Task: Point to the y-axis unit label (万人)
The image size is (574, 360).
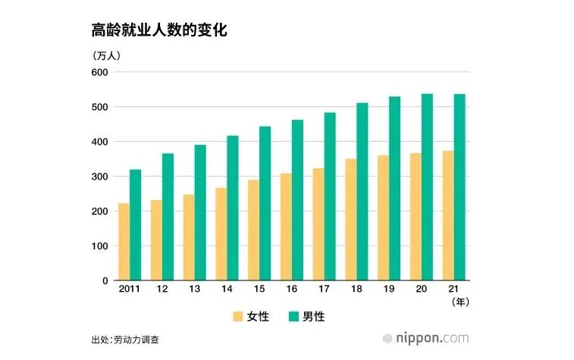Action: [x=107, y=55]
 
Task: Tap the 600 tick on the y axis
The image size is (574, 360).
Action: [x=100, y=72]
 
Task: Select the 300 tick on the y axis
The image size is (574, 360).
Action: [x=100, y=177]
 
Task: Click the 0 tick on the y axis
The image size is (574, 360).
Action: [x=105, y=280]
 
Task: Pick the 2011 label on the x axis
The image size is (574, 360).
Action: [x=129, y=290]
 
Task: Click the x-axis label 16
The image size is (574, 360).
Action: [x=291, y=290]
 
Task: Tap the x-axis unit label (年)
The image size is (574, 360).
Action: [x=460, y=301]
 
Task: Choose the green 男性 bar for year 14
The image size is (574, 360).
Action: [x=232, y=208]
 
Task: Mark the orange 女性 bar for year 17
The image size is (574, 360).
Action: [x=318, y=224]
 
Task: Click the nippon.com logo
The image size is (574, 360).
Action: [x=425, y=338]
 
